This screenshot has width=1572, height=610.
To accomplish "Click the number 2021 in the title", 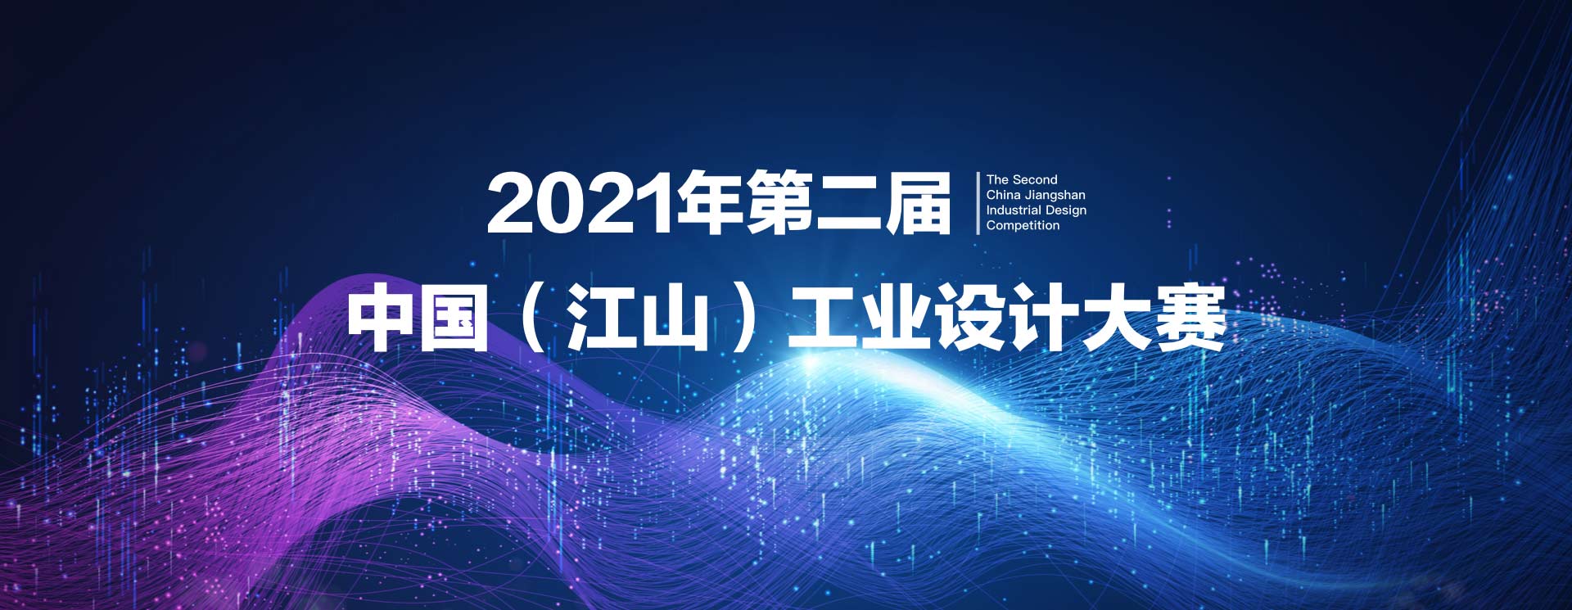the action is (x=580, y=203).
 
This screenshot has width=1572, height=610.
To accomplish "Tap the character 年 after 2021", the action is (x=709, y=202).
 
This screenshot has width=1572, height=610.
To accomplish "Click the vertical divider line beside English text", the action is (x=978, y=203).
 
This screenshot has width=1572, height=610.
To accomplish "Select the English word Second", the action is (x=1036, y=179).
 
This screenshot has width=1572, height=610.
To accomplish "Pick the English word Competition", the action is (x=1023, y=226).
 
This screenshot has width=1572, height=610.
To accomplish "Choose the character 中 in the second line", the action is (x=382, y=318).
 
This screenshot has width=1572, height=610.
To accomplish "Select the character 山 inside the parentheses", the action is (x=675, y=319).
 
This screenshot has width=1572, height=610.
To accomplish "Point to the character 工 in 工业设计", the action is (x=821, y=319).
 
